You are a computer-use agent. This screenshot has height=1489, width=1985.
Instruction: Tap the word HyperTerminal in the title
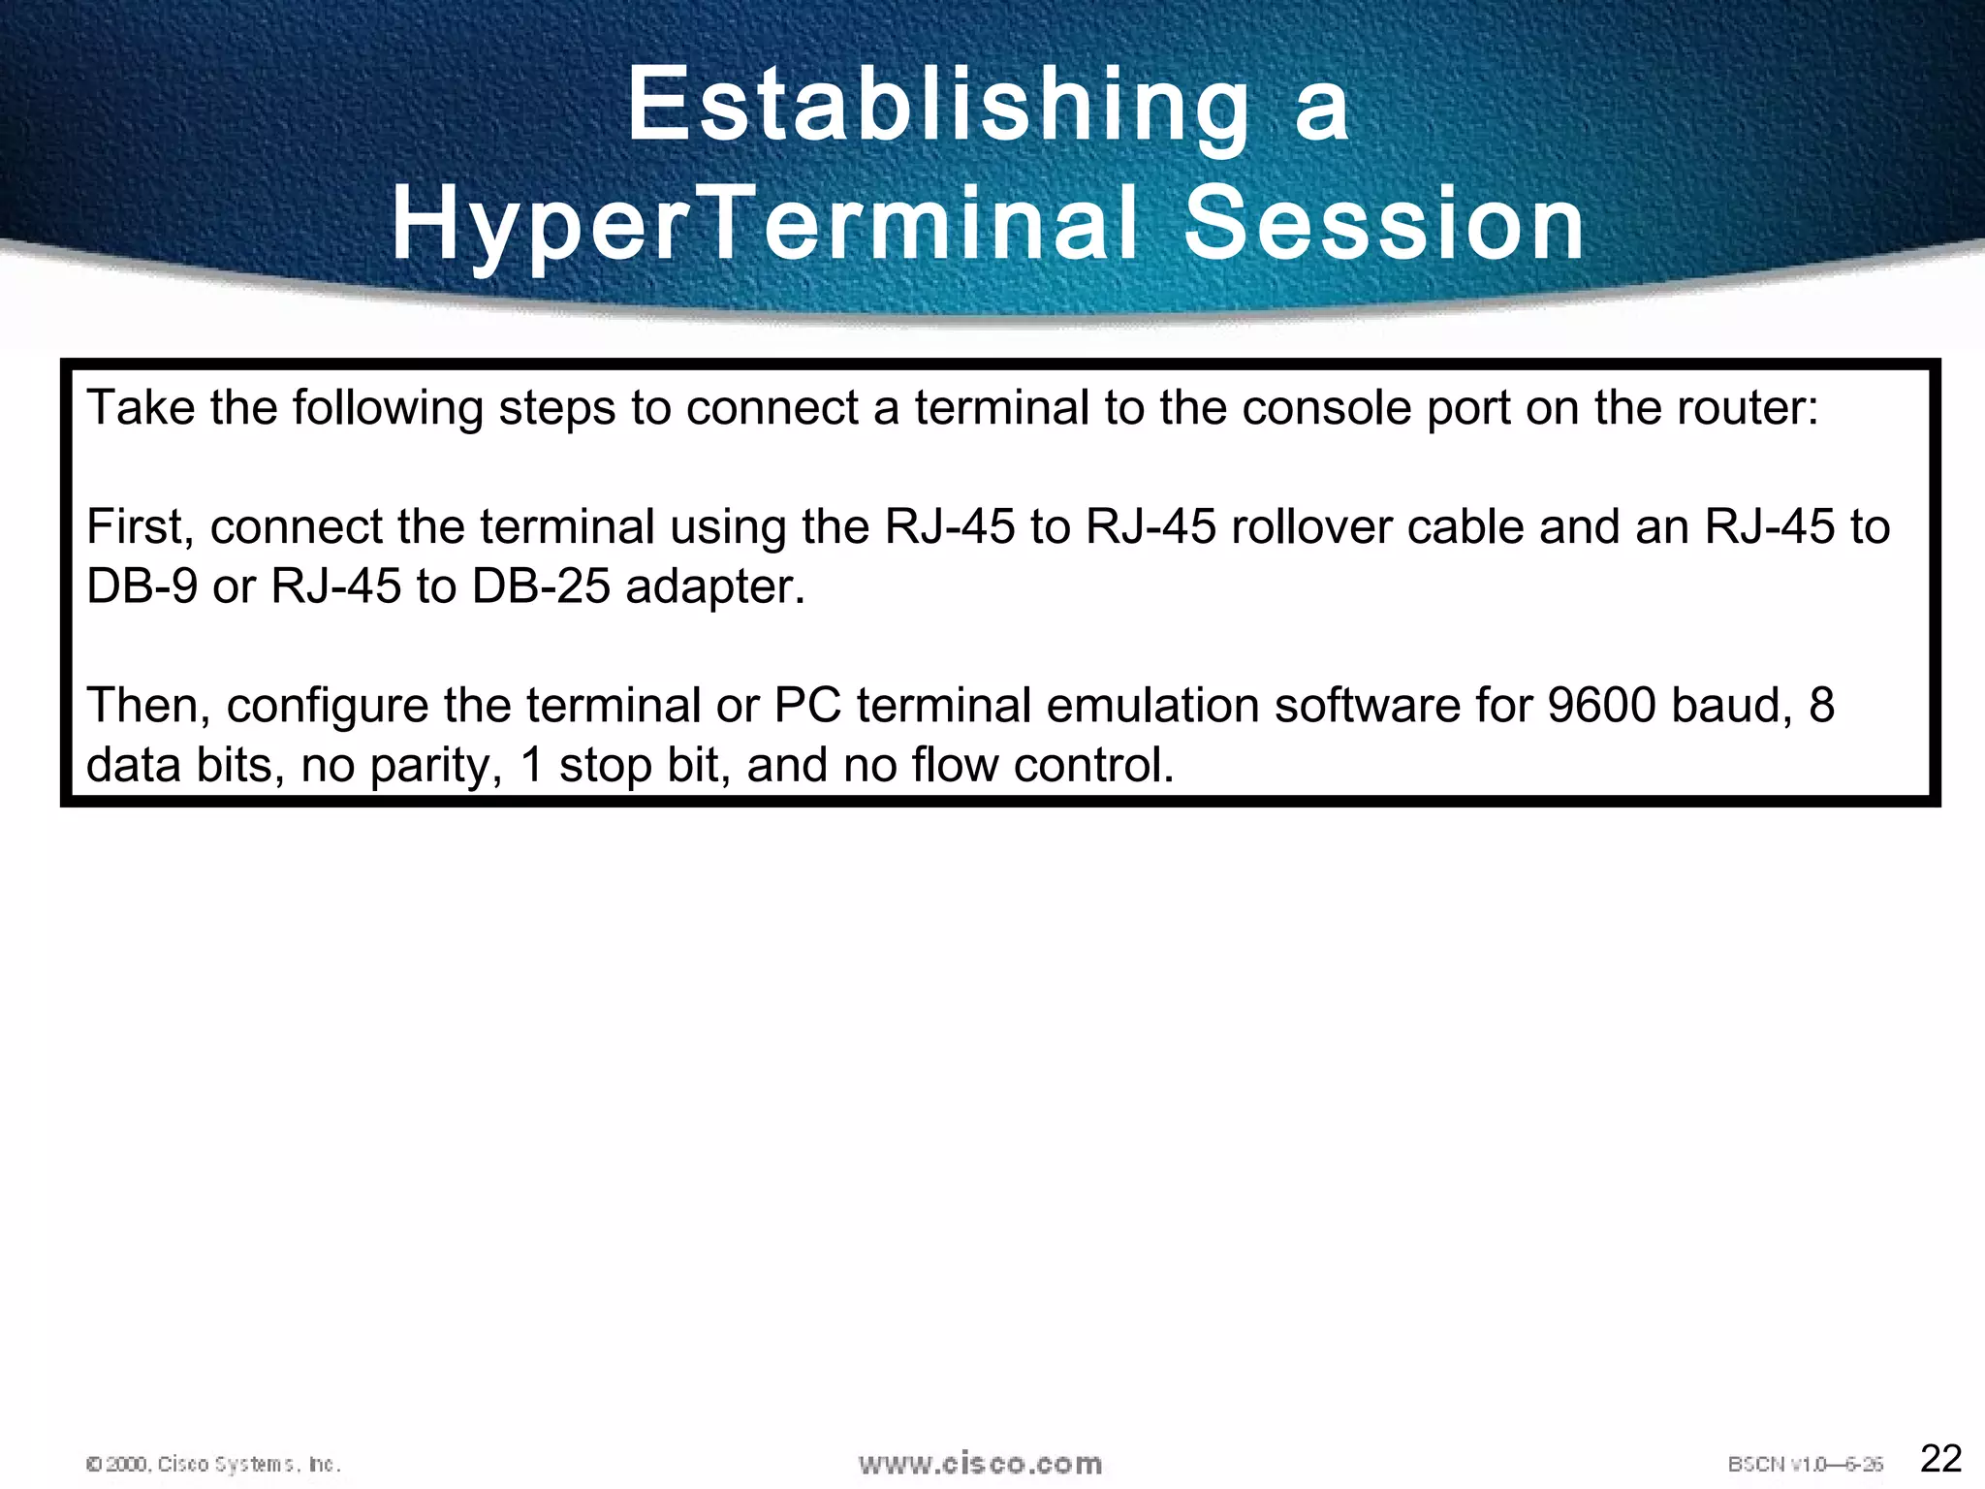click(765, 225)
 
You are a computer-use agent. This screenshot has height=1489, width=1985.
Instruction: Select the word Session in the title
click(1384, 225)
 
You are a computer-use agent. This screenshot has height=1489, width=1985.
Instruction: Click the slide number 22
click(1940, 1458)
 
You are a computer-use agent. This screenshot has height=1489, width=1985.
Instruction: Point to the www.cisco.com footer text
click(980, 1463)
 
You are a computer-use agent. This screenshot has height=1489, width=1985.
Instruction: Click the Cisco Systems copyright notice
click(213, 1464)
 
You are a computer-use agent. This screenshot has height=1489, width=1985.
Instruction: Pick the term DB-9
click(142, 586)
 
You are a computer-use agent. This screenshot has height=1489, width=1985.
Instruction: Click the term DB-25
click(541, 586)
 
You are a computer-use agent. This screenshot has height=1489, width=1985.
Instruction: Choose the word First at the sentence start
click(140, 527)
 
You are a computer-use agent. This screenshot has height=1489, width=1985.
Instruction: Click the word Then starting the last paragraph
click(148, 706)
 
